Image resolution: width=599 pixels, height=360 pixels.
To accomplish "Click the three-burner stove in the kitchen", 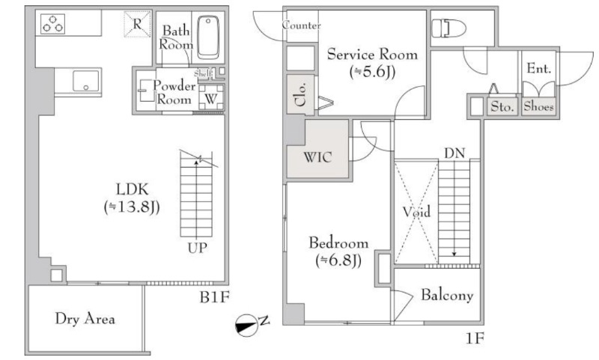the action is coord(52,24).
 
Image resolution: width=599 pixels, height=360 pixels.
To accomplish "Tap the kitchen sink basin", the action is coord(85,82).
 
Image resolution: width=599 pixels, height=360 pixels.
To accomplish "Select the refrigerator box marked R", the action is coord(137,25).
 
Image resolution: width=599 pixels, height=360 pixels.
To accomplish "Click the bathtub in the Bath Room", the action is coord(208,37).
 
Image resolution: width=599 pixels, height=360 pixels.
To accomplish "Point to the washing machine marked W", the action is coord(211,99).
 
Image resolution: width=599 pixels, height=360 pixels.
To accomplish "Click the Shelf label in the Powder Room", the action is coord(202,73).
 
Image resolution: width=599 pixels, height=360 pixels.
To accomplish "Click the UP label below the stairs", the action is coord(197,248).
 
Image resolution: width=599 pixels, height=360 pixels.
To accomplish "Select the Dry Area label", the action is coord(85,319).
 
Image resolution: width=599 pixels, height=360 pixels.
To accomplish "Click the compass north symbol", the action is coord(246,326).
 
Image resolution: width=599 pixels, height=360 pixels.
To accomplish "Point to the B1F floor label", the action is coord(214,297).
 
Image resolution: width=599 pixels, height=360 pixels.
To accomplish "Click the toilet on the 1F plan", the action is coord(449,28).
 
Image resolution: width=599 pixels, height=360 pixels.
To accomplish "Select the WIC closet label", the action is coord(317,157).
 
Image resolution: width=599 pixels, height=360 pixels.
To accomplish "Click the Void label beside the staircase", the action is coord(416,212).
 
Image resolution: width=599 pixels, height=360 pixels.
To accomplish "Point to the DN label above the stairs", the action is coord(454,153).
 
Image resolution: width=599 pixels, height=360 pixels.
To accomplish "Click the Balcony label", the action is coord(446,295).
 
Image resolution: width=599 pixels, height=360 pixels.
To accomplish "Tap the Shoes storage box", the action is coord(538,106).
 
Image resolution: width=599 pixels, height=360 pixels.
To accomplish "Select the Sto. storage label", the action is coord(502,106).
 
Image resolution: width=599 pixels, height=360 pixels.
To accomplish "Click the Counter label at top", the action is coord(301,25).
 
